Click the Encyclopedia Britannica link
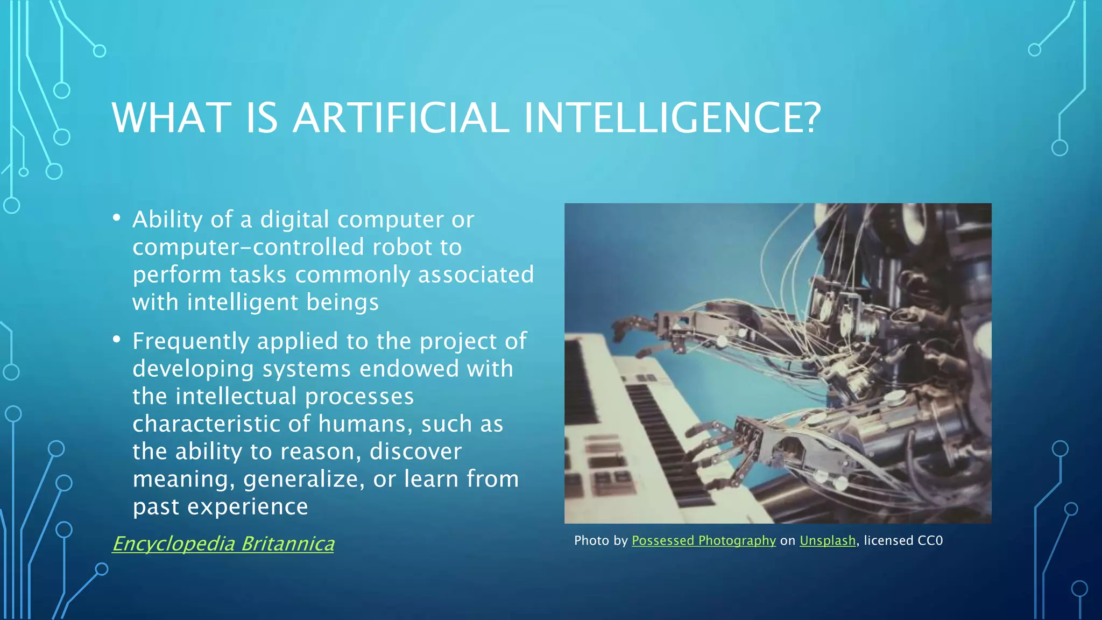(223, 544)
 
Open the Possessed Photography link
(703, 540)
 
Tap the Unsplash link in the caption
(827, 540)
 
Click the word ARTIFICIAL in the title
(401, 118)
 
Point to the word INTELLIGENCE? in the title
(672, 118)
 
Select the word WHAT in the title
(171, 118)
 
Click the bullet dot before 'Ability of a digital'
(117, 218)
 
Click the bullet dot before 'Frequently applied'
(117, 340)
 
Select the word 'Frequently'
(190, 342)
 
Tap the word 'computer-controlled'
(246, 247)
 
